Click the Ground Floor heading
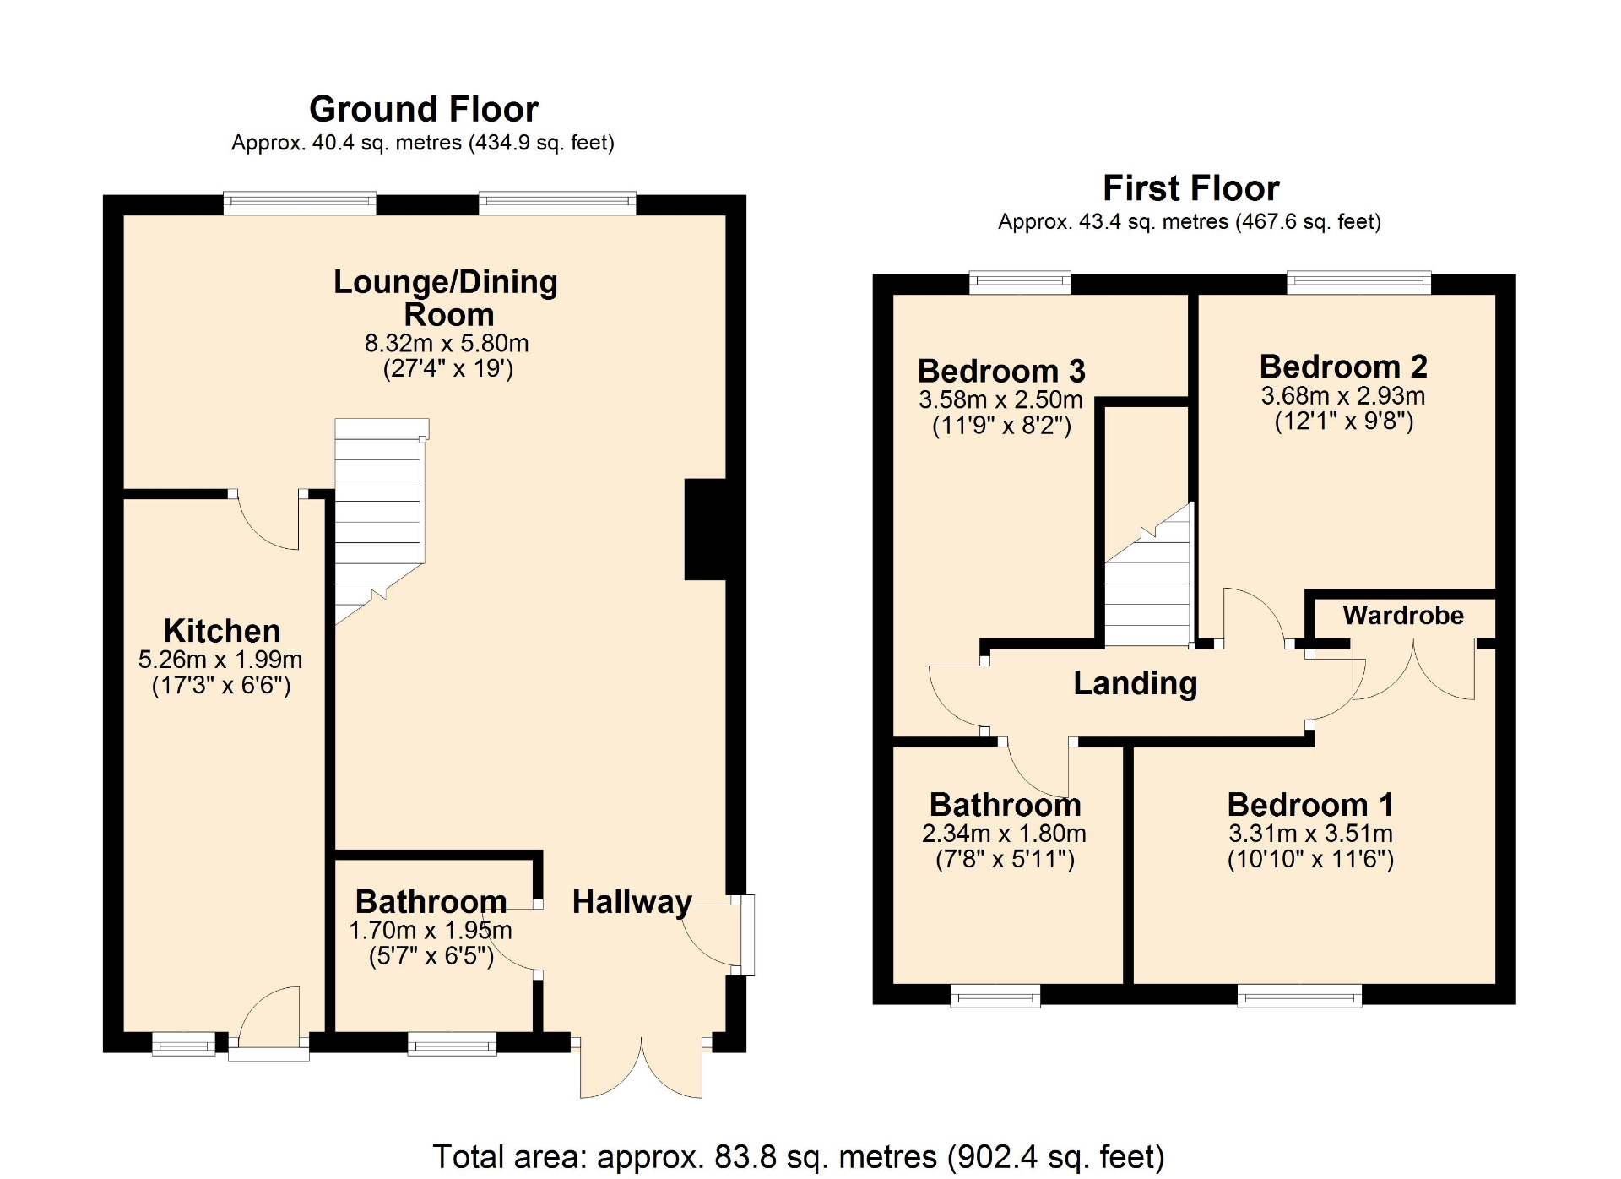tap(424, 109)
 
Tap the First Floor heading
tap(1191, 187)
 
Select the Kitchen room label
tap(222, 631)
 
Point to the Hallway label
tap(632, 902)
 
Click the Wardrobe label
tap(1403, 615)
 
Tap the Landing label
tap(1136, 683)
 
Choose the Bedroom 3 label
tap(1001, 371)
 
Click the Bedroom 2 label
tap(1343, 367)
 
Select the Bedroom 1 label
tap(1310, 804)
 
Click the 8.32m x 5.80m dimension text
tap(447, 343)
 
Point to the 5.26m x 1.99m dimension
tap(220, 660)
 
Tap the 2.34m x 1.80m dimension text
tap(1004, 834)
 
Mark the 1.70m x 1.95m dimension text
tap(431, 931)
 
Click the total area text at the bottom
tap(799, 1156)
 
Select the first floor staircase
tap(1148, 575)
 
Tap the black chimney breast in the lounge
tap(705, 530)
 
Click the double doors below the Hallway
tap(641, 1066)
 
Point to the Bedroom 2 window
tap(1358, 282)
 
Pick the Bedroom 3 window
tap(1020, 282)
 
